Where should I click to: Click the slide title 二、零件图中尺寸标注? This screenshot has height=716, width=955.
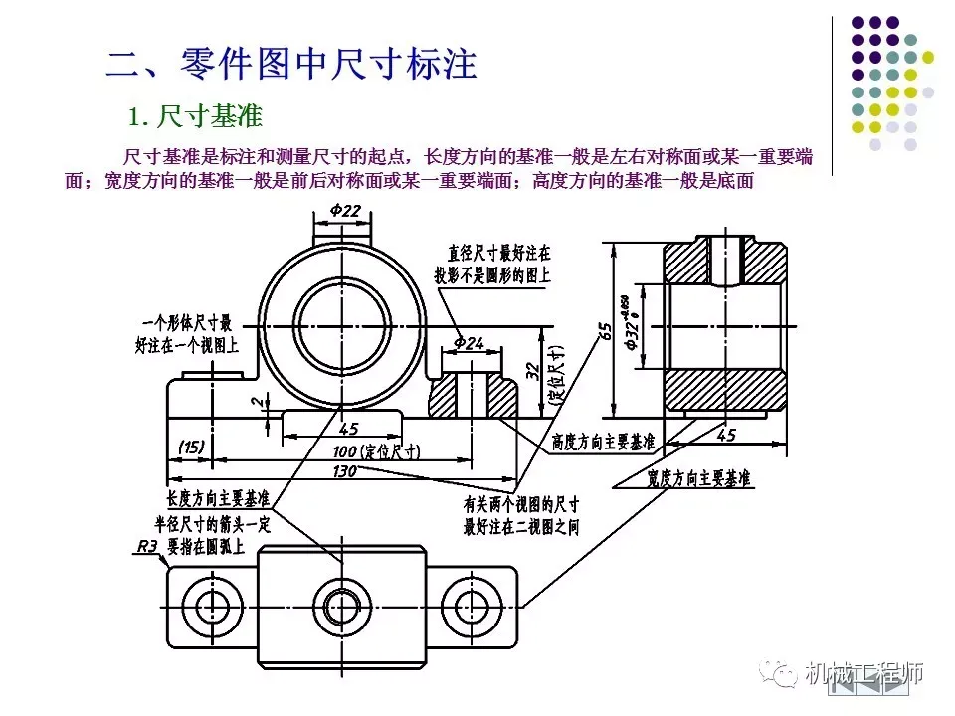290,65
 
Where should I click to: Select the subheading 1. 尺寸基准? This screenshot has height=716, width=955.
195,116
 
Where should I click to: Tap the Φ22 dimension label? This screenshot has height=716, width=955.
344,210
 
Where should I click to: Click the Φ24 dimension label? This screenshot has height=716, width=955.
468,343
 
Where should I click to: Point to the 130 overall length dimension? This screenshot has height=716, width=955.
344,471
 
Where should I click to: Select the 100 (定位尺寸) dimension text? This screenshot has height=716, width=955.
376,451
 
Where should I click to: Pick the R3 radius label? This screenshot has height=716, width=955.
148,545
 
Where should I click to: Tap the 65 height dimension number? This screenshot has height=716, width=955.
604,330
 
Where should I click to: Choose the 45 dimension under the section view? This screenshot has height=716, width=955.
725,434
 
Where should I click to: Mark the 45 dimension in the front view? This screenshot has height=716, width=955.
348,430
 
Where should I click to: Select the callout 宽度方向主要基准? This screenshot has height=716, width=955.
698,479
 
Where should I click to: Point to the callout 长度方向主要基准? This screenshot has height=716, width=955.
217,497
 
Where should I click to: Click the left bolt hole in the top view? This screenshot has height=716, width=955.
210,603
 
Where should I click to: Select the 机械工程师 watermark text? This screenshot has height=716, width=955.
864,673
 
